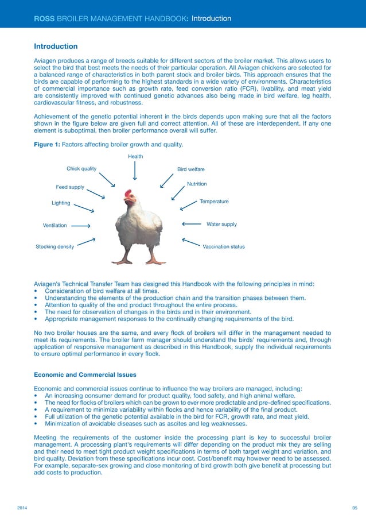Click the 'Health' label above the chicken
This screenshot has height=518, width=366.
point(135,156)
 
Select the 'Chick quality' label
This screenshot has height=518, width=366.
point(81,169)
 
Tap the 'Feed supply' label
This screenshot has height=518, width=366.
point(70,187)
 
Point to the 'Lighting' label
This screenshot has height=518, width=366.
point(61,203)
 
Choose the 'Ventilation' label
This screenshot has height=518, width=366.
point(55,226)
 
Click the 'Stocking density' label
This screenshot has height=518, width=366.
point(54,246)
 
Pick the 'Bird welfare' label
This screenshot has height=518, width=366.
point(191,169)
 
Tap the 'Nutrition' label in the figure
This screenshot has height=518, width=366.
point(197,184)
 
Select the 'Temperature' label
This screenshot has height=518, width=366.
point(214,202)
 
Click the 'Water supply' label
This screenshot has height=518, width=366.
point(221,224)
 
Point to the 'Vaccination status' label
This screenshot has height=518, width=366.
point(224,246)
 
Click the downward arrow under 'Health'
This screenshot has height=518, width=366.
point(135,171)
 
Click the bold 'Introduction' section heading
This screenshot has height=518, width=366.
point(56,46)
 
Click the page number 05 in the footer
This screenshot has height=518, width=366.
point(355,509)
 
